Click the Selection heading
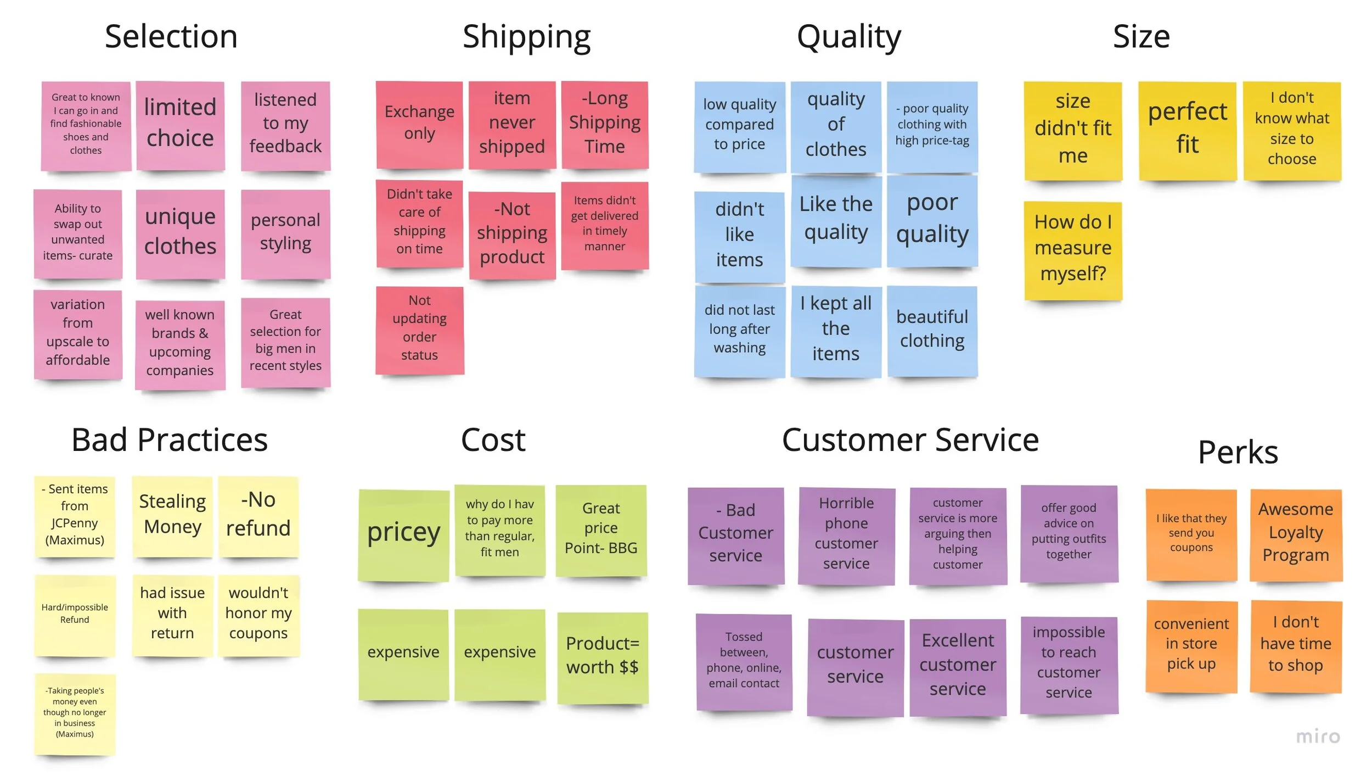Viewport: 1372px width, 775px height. point(171,37)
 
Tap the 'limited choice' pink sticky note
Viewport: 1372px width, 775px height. point(180,124)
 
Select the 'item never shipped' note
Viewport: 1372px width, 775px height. point(511,124)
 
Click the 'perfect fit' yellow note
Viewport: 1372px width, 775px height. point(1187,129)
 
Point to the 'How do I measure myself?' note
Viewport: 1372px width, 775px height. point(1072,249)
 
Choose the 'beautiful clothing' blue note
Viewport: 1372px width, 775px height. point(932,330)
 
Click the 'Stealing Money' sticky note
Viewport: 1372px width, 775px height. point(172,515)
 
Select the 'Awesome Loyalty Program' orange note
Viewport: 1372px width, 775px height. point(1295,533)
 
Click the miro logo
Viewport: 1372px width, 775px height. point(1318,737)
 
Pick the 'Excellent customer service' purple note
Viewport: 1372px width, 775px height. point(957,666)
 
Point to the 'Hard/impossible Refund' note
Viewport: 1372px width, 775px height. point(75,614)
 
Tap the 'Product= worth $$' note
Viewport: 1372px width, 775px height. point(602,656)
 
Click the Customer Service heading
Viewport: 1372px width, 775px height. point(910,440)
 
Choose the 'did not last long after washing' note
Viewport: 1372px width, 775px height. point(739,330)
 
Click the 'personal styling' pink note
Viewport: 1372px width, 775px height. point(285,232)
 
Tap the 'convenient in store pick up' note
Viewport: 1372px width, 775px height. point(1191,645)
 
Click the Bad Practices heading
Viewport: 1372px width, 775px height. point(170,440)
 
